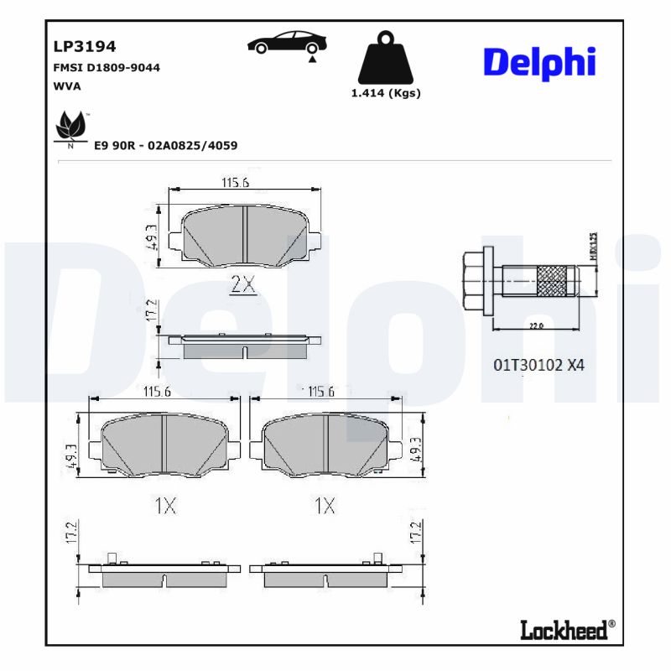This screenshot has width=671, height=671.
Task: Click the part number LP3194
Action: (x=85, y=46)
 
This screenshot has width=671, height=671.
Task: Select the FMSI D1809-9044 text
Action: (x=107, y=67)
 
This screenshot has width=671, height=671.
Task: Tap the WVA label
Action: (x=67, y=86)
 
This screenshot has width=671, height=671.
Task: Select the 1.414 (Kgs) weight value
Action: (x=386, y=93)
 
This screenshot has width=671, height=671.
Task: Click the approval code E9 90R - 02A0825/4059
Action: (x=165, y=145)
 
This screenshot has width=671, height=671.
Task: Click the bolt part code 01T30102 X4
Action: (x=538, y=365)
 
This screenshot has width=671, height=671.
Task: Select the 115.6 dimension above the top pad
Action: (x=235, y=182)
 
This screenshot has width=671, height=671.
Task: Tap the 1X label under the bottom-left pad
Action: (x=165, y=506)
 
